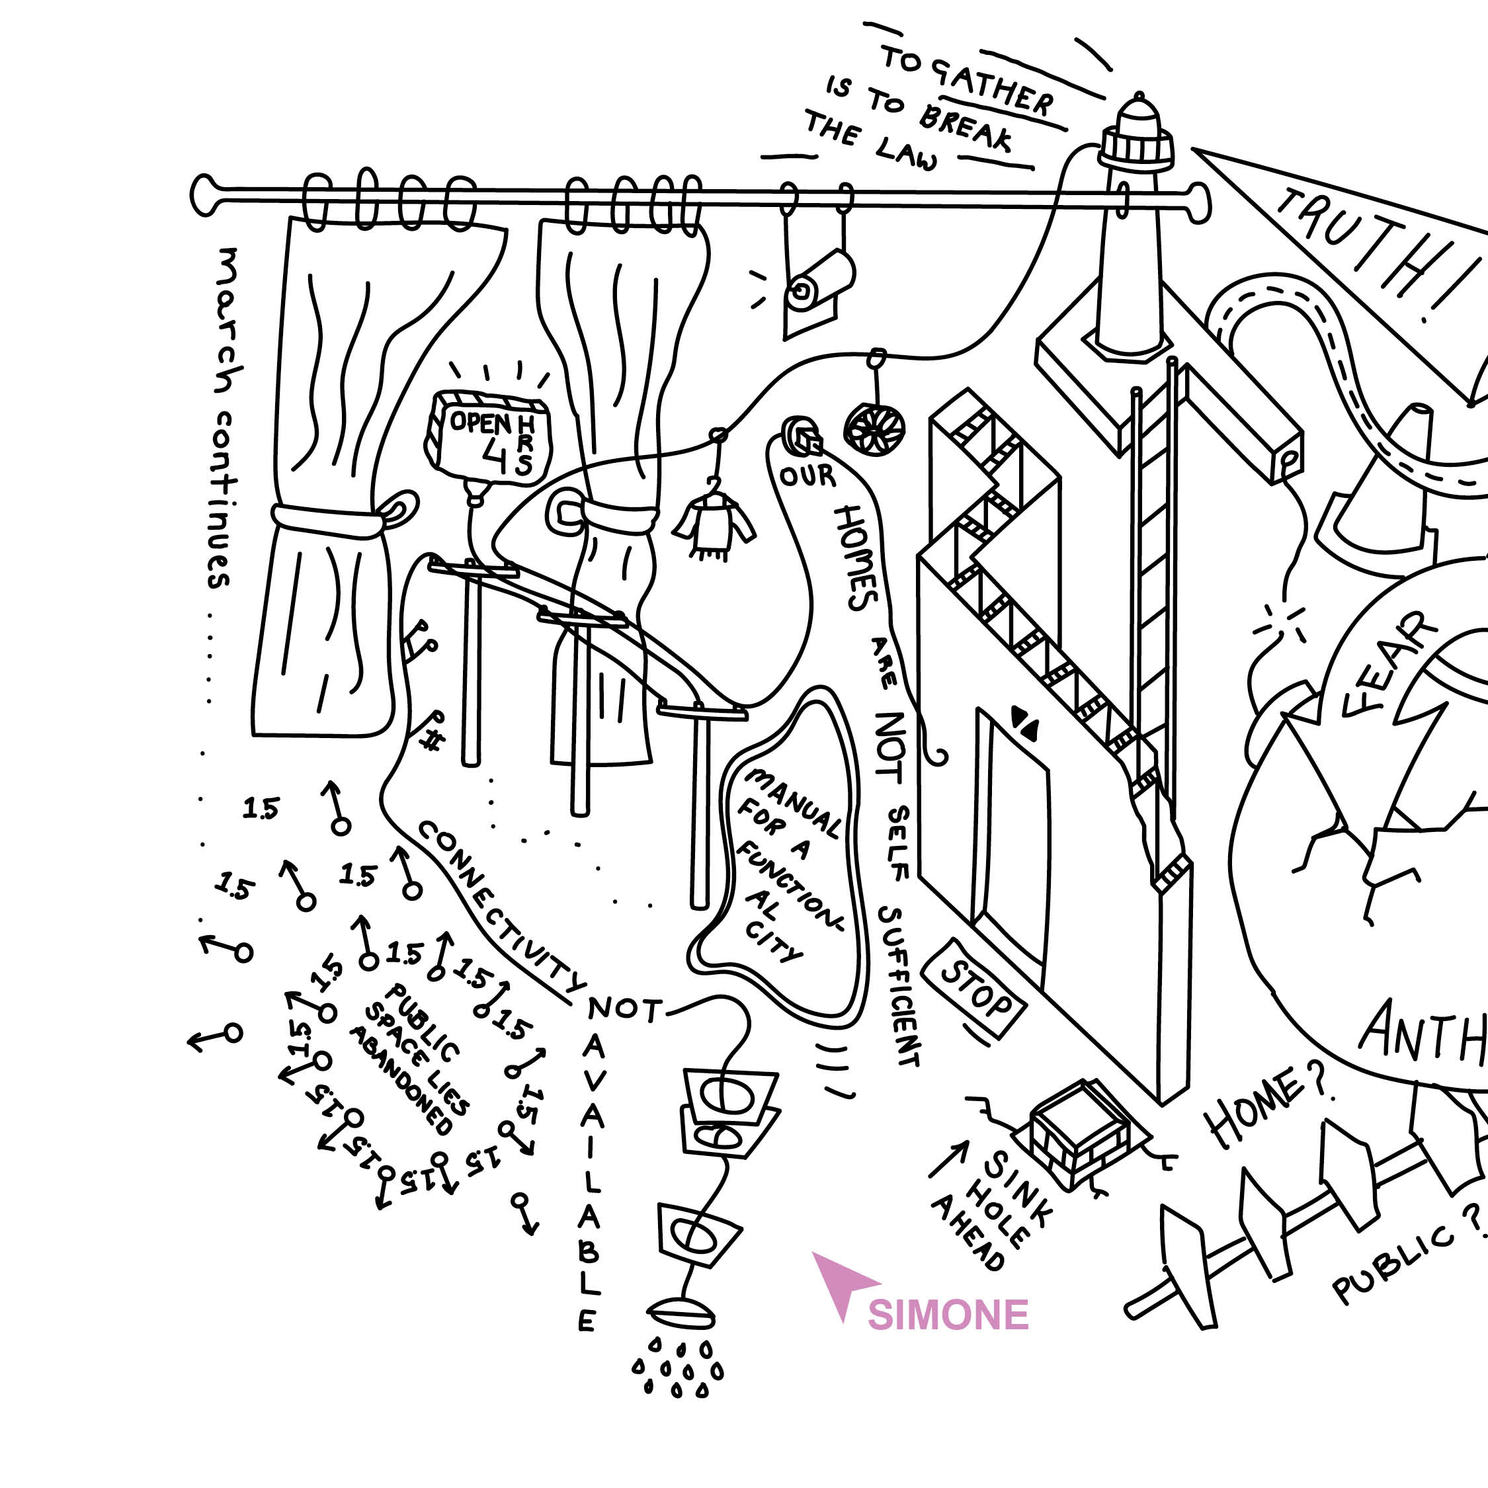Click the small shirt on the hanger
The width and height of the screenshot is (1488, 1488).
tap(714, 524)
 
